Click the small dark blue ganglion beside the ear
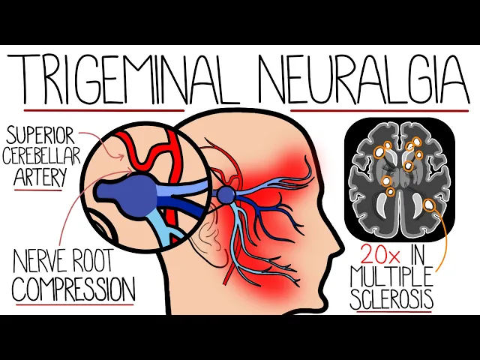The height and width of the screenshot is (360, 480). pos(226,196)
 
